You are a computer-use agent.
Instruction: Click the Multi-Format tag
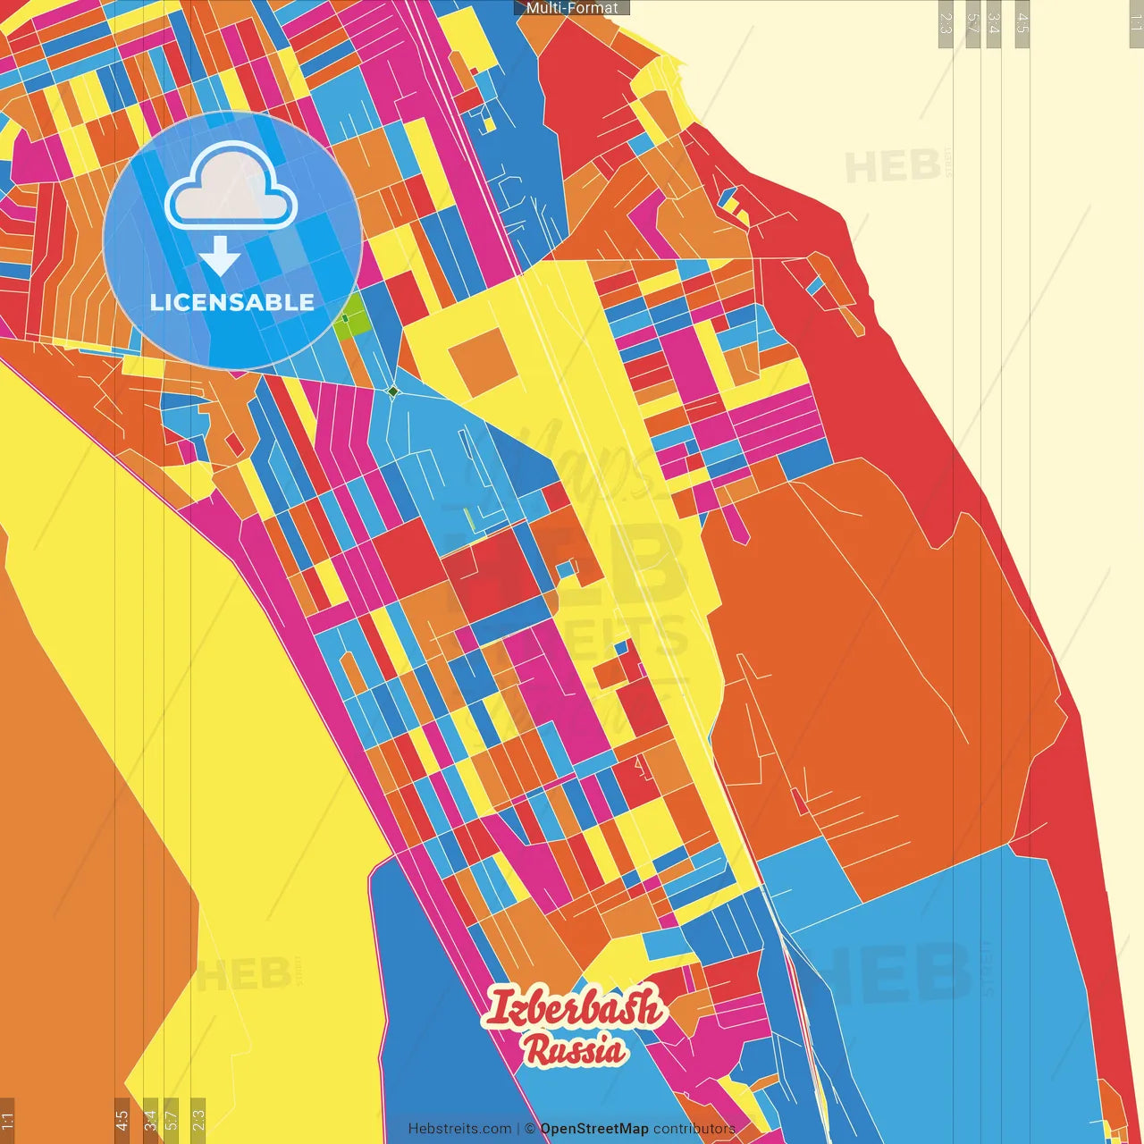(x=572, y=8)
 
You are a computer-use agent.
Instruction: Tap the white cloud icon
(x=231, y=188)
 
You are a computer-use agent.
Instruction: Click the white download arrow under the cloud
(x=220, y=256)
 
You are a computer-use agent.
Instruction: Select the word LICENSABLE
(x=232, y=302)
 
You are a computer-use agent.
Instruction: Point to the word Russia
(x=575, y=1049)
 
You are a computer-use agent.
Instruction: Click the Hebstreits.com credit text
(x=459, y=1129)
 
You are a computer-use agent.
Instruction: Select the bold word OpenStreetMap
(x=594, y=1129)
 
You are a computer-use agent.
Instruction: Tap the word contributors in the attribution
(x=694, y=1129)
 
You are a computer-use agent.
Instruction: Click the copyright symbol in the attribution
(x=530, y=1129)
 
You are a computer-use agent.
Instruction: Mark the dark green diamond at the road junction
(x=393, y=391)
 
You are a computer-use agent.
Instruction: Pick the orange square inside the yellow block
(x=477, y=361)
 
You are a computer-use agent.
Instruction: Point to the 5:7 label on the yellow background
(x=172, y=1119)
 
